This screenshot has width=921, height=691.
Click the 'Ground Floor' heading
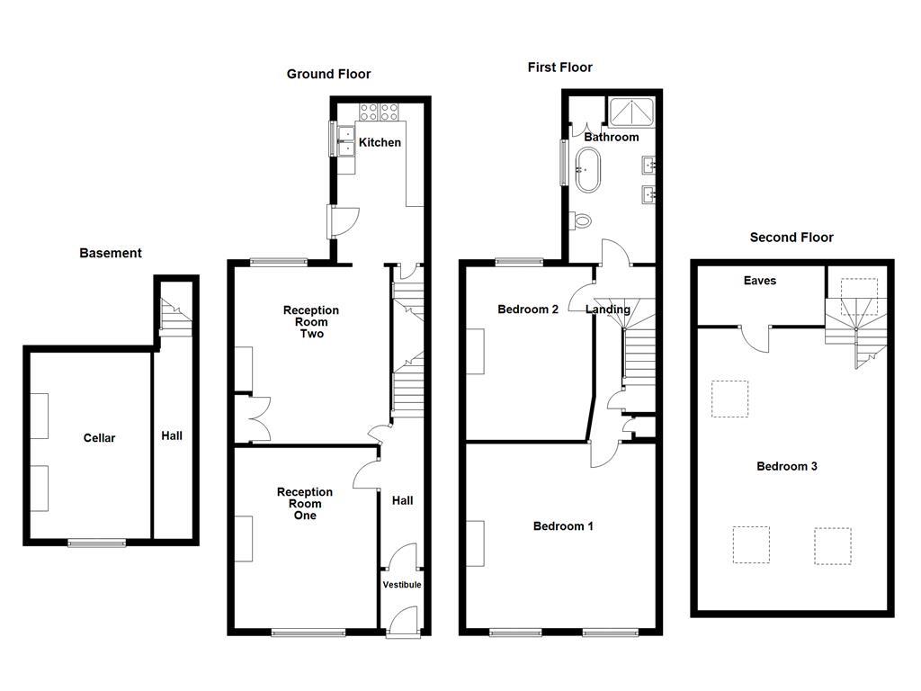click(328, 74)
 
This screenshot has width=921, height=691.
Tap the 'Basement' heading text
click(111, 253)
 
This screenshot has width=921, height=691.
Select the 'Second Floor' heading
click(791, 238)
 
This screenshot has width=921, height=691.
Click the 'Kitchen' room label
click(380, 142)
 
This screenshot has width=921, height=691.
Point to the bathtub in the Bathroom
click(588, 170)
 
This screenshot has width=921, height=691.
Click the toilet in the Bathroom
click(580, 219)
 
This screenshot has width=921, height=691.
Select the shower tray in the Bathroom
click(633, 112)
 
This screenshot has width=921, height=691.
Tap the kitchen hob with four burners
click(379, 112)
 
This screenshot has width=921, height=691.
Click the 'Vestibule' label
click(402, 585)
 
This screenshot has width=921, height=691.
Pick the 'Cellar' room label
click(100, 438)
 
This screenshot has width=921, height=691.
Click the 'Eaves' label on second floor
click(759, 281)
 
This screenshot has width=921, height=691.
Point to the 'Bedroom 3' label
click(786, 466)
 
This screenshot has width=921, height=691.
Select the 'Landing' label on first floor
click(608, 310)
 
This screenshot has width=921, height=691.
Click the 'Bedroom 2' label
click(528, 310)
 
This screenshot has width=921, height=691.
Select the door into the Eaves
click(756, 338)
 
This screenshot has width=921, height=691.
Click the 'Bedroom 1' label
click(563, 526)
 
